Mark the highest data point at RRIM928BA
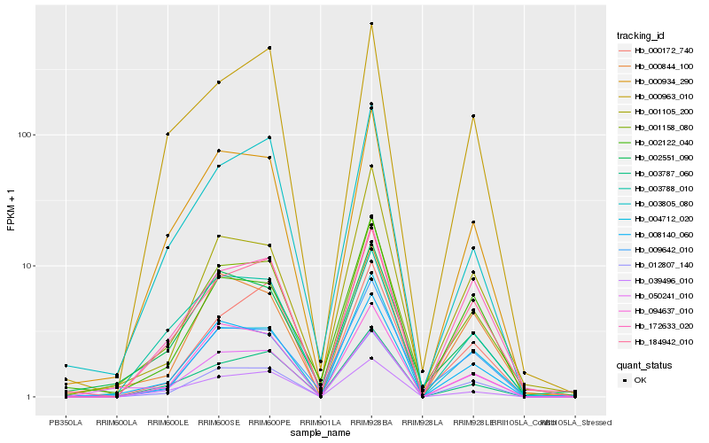(x=371, y=24)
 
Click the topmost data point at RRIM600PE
(x=269, y=48)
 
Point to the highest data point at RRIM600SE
(x=218, y=82)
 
